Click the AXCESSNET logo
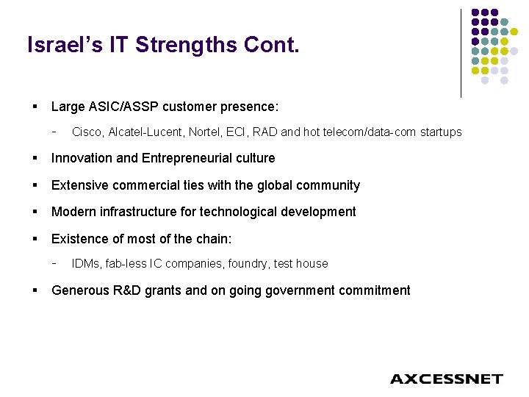click(x=446, y=379)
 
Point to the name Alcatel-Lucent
click(x=145, y=132)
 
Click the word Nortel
click(x=207, y=132)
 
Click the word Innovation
click(x=80, y=158)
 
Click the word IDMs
click(x=87, y=263)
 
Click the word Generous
click(x=79, y=290)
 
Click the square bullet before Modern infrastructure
click(x=35, y=212)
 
